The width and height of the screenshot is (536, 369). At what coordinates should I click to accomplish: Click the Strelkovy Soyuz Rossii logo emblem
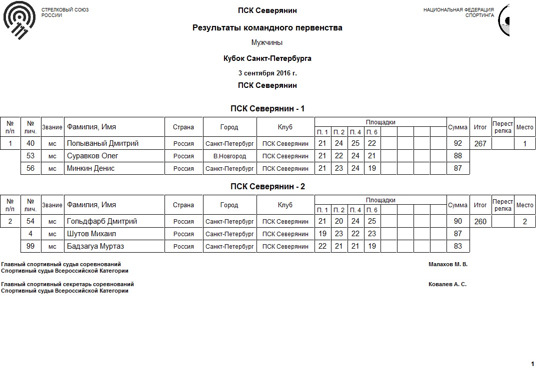(19, 20)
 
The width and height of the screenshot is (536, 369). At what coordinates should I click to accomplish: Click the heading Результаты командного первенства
(267, 28)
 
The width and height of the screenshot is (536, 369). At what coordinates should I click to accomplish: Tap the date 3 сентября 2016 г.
(267, 73)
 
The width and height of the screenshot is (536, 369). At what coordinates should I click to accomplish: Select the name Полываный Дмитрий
(102, 144)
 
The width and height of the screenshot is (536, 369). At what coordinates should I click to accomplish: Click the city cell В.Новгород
(229, 156)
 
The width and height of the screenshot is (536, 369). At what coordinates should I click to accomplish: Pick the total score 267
(480, 144)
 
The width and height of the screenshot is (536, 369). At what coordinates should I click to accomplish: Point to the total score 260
(480, 222)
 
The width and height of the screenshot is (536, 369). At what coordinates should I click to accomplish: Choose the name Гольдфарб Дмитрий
(102, 222)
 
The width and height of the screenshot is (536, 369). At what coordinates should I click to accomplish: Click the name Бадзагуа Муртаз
(95, 247)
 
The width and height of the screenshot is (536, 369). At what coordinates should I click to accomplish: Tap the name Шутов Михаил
(90, 234)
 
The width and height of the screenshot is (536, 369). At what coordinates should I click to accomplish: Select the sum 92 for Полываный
(457, 144)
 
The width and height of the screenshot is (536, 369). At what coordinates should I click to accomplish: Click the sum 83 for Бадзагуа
(457, 247)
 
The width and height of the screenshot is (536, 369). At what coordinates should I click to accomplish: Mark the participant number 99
(30, 247)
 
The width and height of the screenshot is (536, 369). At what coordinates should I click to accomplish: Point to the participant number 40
(30, 144)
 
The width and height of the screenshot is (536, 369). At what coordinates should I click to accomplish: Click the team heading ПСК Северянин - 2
(267, 187)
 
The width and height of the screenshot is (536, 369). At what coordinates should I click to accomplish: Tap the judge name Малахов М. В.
(448, 265)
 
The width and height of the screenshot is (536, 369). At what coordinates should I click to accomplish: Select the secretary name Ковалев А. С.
(447, 285)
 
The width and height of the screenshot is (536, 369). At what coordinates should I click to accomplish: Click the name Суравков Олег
(92, 156)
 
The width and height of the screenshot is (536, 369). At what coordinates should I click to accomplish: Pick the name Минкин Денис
(91, 169)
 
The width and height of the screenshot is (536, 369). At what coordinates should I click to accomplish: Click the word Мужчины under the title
(267, 43)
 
